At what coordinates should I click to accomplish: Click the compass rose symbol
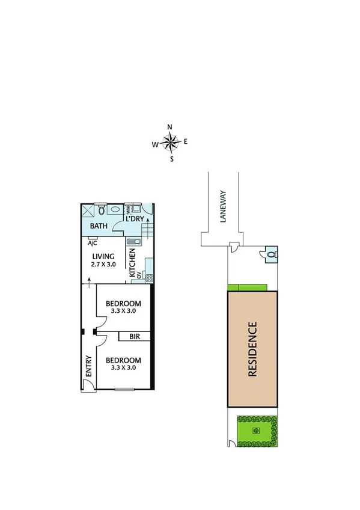(171, 143)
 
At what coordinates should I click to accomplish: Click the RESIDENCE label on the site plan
(252, 349)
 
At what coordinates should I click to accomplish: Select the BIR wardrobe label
(134, 337)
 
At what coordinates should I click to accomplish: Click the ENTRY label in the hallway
(88, 367)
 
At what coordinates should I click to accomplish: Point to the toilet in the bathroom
(102, 210)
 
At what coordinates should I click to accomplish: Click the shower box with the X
(88, 211)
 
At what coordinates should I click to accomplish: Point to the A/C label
(93, 243)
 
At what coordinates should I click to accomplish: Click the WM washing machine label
(127, 210)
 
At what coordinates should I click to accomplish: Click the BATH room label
(98, 226)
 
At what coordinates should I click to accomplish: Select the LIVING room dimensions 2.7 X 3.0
(103, 265)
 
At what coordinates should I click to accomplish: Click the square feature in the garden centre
(256, 431)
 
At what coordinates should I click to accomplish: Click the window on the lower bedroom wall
(124, 390)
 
